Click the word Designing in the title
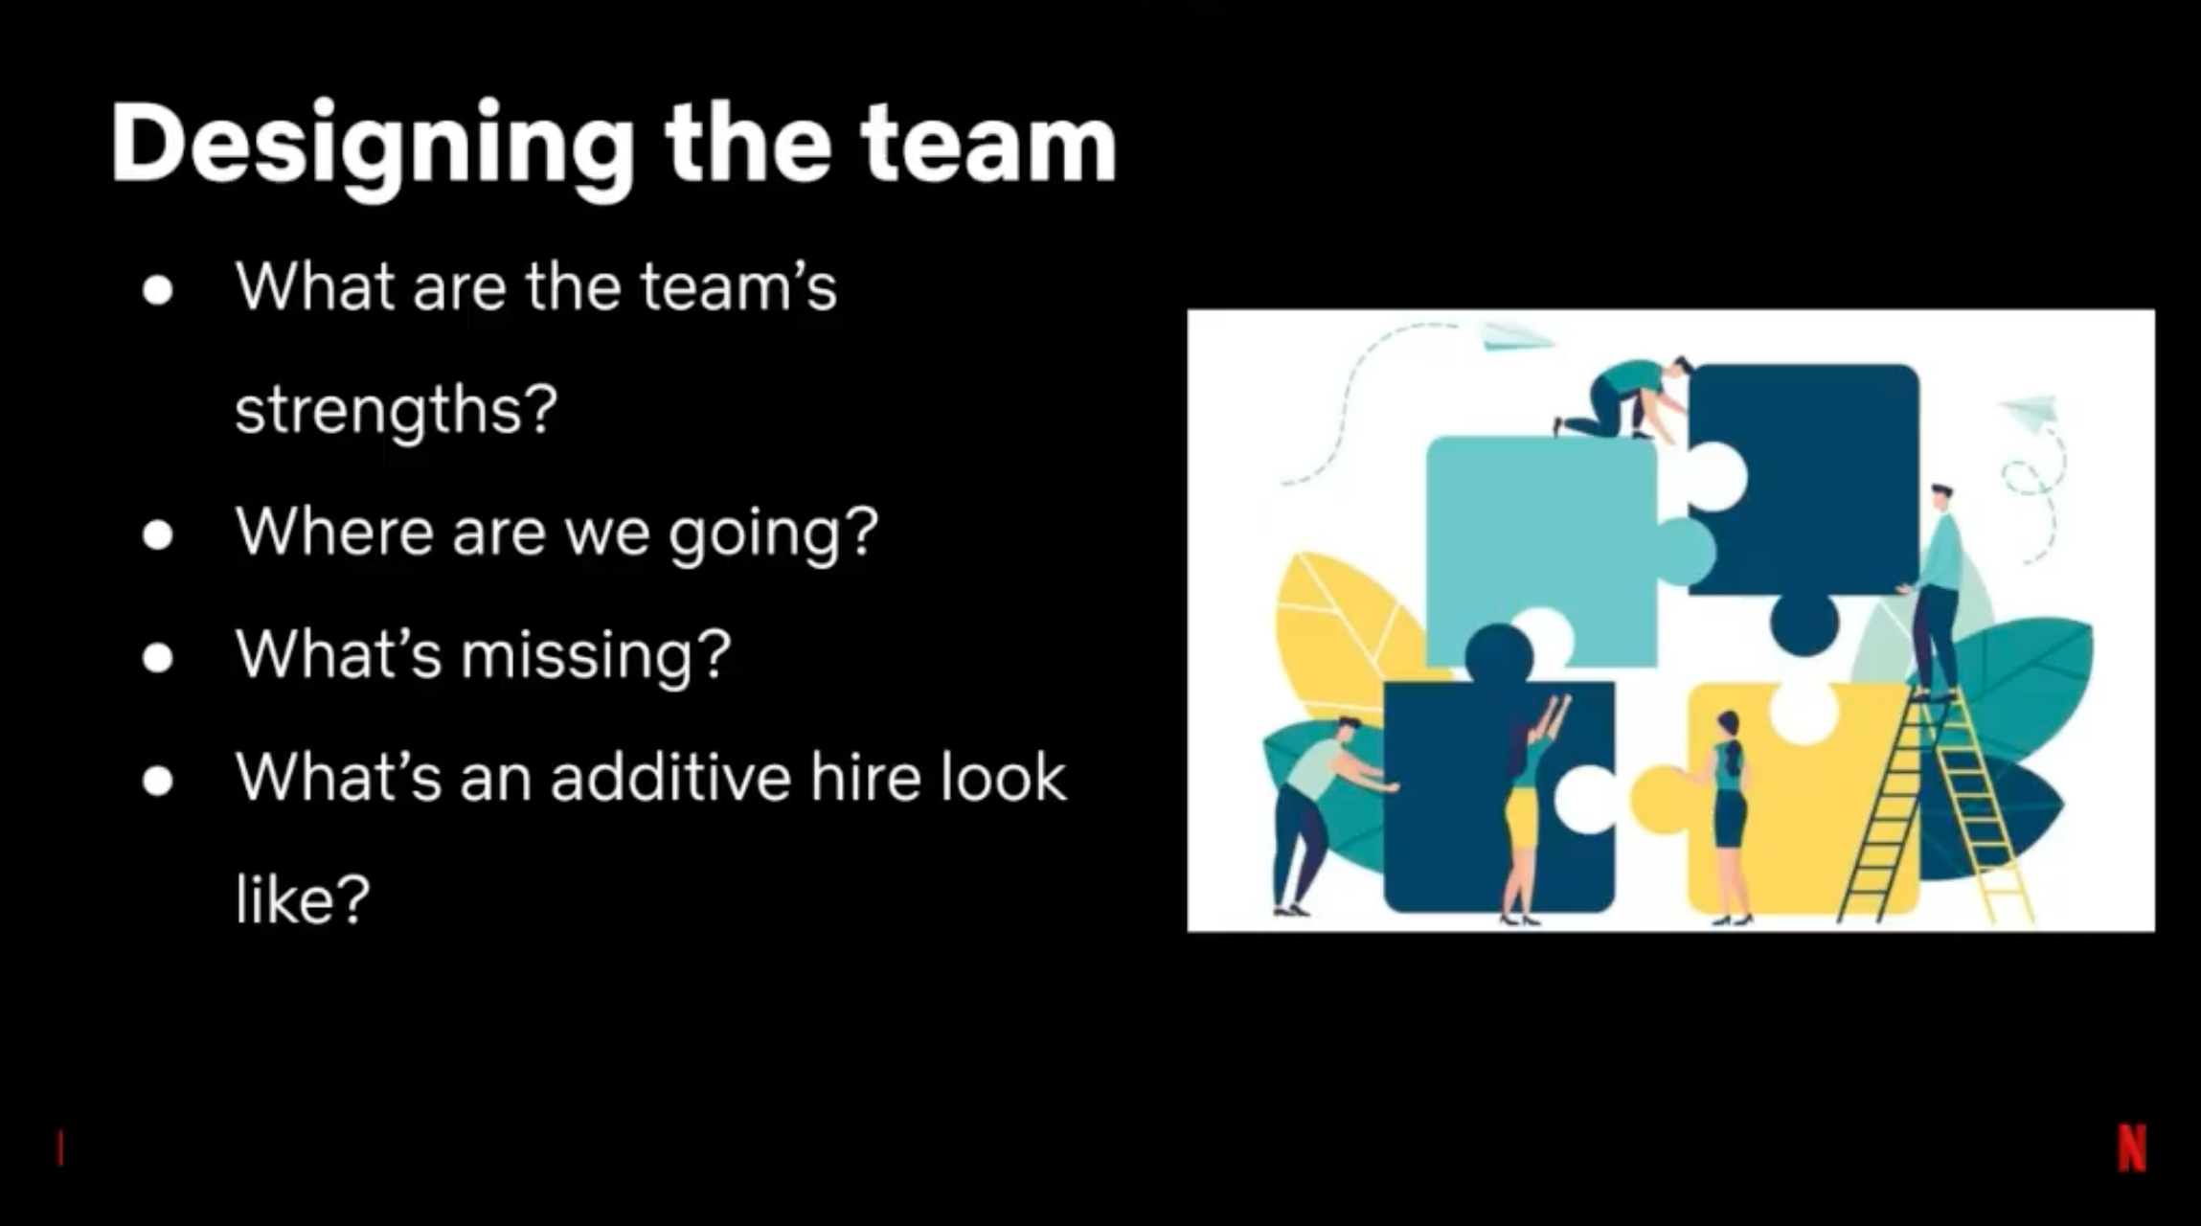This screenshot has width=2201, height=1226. [x=373, y=147]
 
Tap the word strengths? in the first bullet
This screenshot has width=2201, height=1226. [x=396, y=411]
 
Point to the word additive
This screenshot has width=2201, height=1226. [x=670, y=776]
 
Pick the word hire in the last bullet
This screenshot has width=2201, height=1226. [x=866, y=776]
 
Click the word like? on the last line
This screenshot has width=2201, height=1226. [x=302, y=897]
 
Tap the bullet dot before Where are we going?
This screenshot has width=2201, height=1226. [x=158, y=534]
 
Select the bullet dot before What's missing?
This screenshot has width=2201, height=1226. [x=158, y=658]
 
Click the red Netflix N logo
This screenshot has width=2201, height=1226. [x=2132, y=1147]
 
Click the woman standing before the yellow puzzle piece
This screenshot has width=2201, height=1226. [x=1727, y=817]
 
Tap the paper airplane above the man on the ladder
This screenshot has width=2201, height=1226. [x=2029, y=412]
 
